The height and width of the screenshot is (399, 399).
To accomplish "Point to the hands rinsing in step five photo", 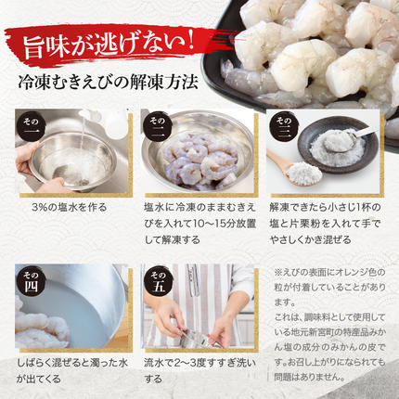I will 195,320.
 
